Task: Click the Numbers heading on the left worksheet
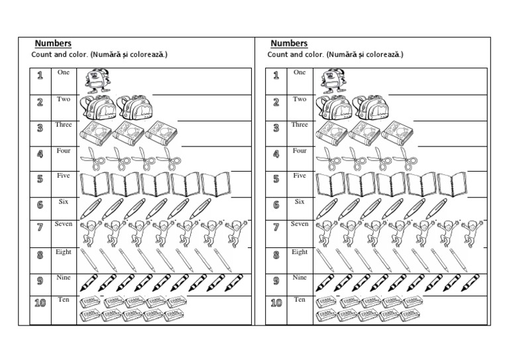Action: coord(53,44)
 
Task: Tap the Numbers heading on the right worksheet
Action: coord(289,44)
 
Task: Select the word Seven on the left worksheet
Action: coord(64,224)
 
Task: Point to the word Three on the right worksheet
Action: coord(300,125)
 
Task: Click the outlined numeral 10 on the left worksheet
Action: coord(40,304)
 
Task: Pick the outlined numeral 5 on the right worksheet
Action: coord(276,179)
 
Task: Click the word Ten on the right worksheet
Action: coord(300,300)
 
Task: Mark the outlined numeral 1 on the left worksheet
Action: coord(40,76)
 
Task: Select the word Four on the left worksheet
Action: coord(64,150)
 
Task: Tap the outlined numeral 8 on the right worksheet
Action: coord(276,255)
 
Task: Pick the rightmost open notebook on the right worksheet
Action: coord(451,184)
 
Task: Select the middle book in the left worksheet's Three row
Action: coord(128,133)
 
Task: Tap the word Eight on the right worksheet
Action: coord(300,252)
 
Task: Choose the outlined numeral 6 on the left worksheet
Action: coord(40,205)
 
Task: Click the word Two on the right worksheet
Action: coord(300,99)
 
